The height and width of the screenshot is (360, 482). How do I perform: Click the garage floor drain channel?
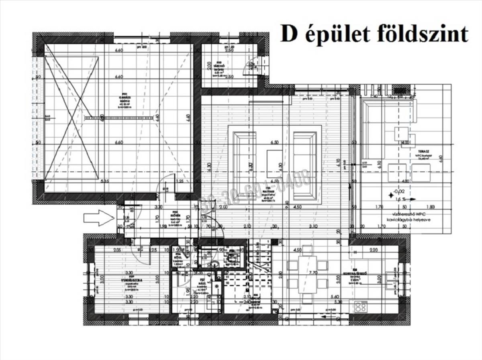click(119, 118)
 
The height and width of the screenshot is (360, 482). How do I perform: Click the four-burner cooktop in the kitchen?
click(360, 307)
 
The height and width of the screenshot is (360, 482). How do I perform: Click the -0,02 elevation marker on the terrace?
click(399, 191)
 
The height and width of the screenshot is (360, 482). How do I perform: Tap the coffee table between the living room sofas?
click(275, 157)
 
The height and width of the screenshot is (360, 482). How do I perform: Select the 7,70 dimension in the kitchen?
click(313, 273)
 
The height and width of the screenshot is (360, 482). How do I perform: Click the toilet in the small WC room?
click(215, 263)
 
